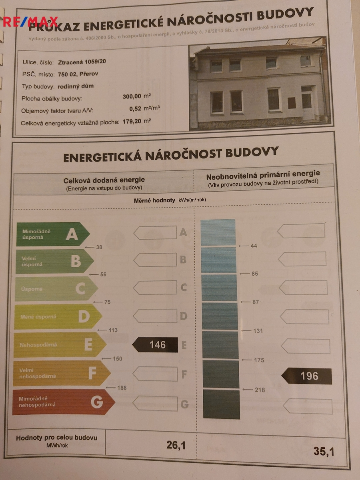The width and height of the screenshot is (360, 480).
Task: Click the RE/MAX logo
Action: click(x=30, y=21)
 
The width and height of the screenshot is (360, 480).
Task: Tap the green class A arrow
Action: click(x=52, y=234)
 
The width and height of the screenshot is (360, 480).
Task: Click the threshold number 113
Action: click(x=113, y=330)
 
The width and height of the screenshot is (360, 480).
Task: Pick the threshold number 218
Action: click(x=260, y=390)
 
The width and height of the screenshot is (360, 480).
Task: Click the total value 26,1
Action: click(x=176, y=445)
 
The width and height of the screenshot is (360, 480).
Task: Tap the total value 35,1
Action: click(x=324, y=452)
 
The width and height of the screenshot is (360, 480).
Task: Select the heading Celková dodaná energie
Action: click(x=104, y=180)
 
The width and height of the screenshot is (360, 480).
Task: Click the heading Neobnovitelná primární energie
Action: click(x=263, y=174)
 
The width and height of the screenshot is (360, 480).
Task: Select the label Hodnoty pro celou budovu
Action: click(x=56, y=438)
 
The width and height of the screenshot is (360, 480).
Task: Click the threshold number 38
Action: click(x=99, y=247)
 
